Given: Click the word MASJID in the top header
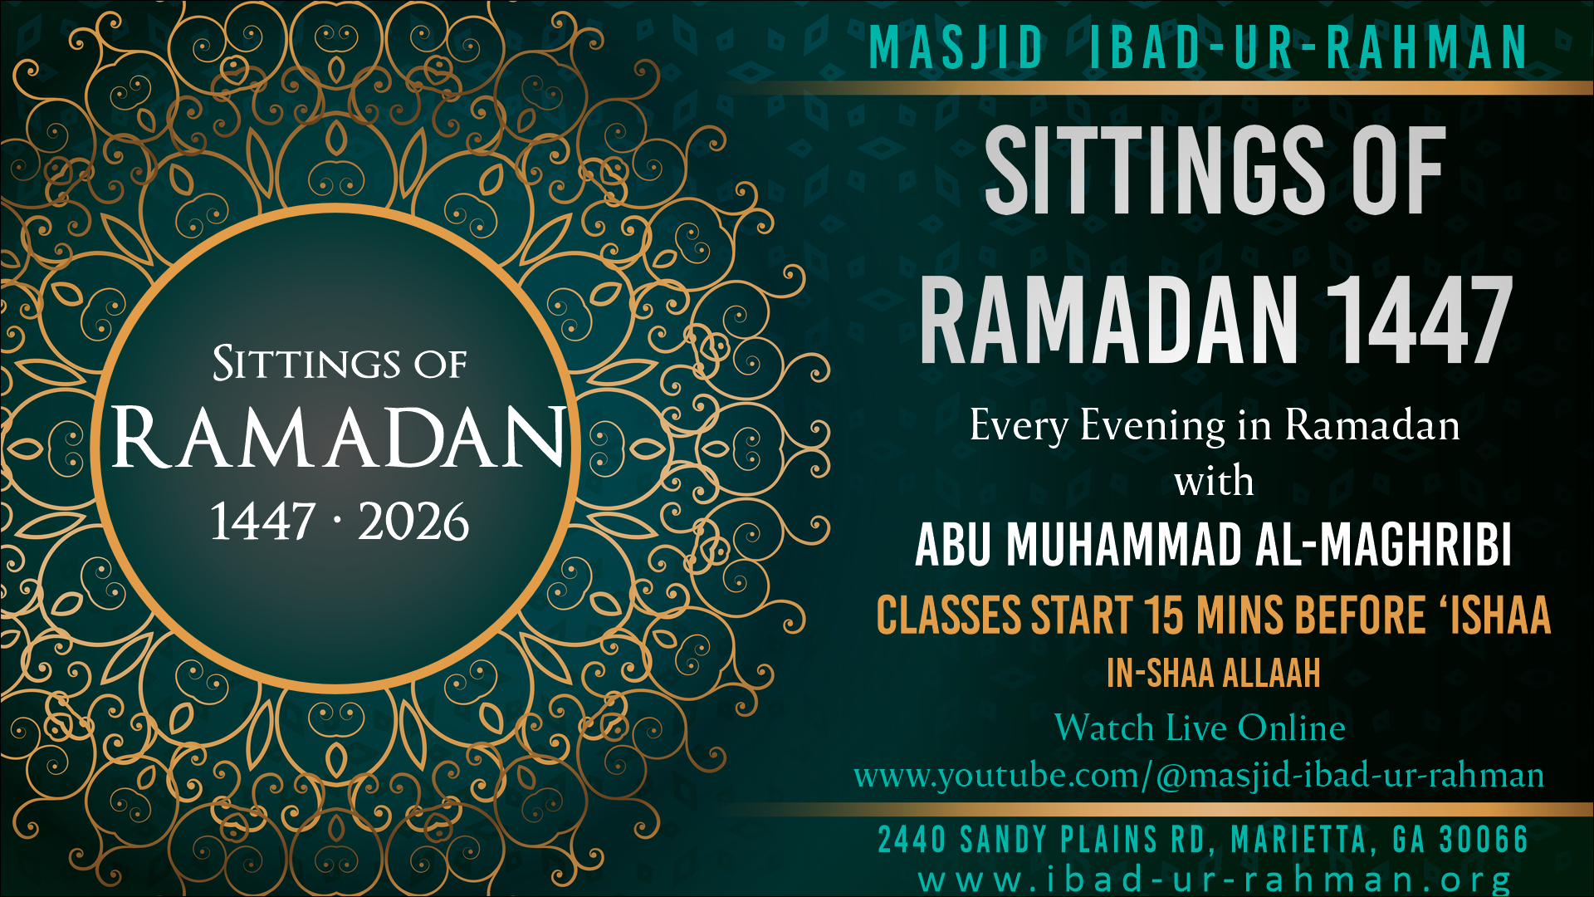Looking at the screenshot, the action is point(956,47).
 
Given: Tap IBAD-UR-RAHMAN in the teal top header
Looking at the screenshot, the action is point(1308,47).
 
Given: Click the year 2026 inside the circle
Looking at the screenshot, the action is point(413,522).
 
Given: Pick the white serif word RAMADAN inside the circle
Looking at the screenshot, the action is point(339,437).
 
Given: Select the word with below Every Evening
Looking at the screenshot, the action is point(1214,482).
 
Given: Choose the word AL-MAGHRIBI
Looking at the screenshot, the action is point(1383,546).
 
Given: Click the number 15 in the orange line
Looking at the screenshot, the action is point(1164,616).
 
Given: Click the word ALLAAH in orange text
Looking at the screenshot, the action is point(1271,674).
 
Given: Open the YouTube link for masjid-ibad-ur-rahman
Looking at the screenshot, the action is point(1199,776).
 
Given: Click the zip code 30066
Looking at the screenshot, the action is point(1484,840).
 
